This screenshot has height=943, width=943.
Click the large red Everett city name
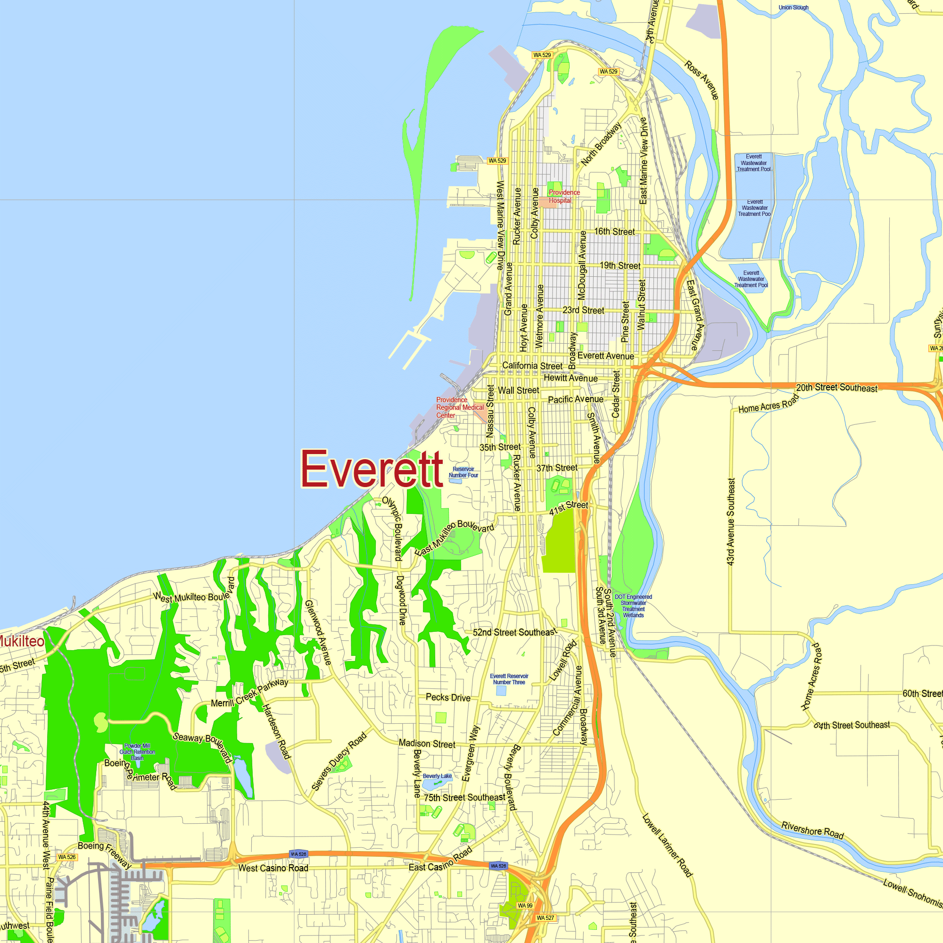click(x=372, y=469)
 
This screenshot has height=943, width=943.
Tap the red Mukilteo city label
click(x=22, y=641)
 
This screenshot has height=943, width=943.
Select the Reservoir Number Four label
click(x=463, y=472)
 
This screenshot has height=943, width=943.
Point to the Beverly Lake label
click(x=437, y=776)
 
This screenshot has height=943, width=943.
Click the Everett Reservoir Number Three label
click(x=509, y=679)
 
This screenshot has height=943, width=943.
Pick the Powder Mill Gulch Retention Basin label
click(x=137, y=752)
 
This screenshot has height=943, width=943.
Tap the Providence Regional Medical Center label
click(x=459, y=407)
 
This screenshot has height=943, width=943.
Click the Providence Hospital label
click(x=564, y=196)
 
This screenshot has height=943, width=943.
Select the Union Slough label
click(x=793, y=8)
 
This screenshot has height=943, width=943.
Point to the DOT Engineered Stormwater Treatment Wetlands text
click(x=633, y=606)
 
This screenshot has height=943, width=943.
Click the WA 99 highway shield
click(x=525, y=905)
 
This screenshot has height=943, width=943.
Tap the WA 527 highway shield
click(x=545, y=918)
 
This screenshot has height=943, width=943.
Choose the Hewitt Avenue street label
click(x=571, y=378)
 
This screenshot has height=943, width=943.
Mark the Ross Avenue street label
click(x=702, y=80)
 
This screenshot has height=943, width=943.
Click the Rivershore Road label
click(x=812, y=830)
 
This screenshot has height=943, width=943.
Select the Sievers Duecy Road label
click(x=339, y=761)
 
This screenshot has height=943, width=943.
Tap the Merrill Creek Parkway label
click(x=249, y=693)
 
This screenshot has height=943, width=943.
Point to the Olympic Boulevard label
click(x=392, y=528)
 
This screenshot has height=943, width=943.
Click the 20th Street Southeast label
click(x=836, y=388)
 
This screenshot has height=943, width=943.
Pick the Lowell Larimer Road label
click(x=667, y=844)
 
